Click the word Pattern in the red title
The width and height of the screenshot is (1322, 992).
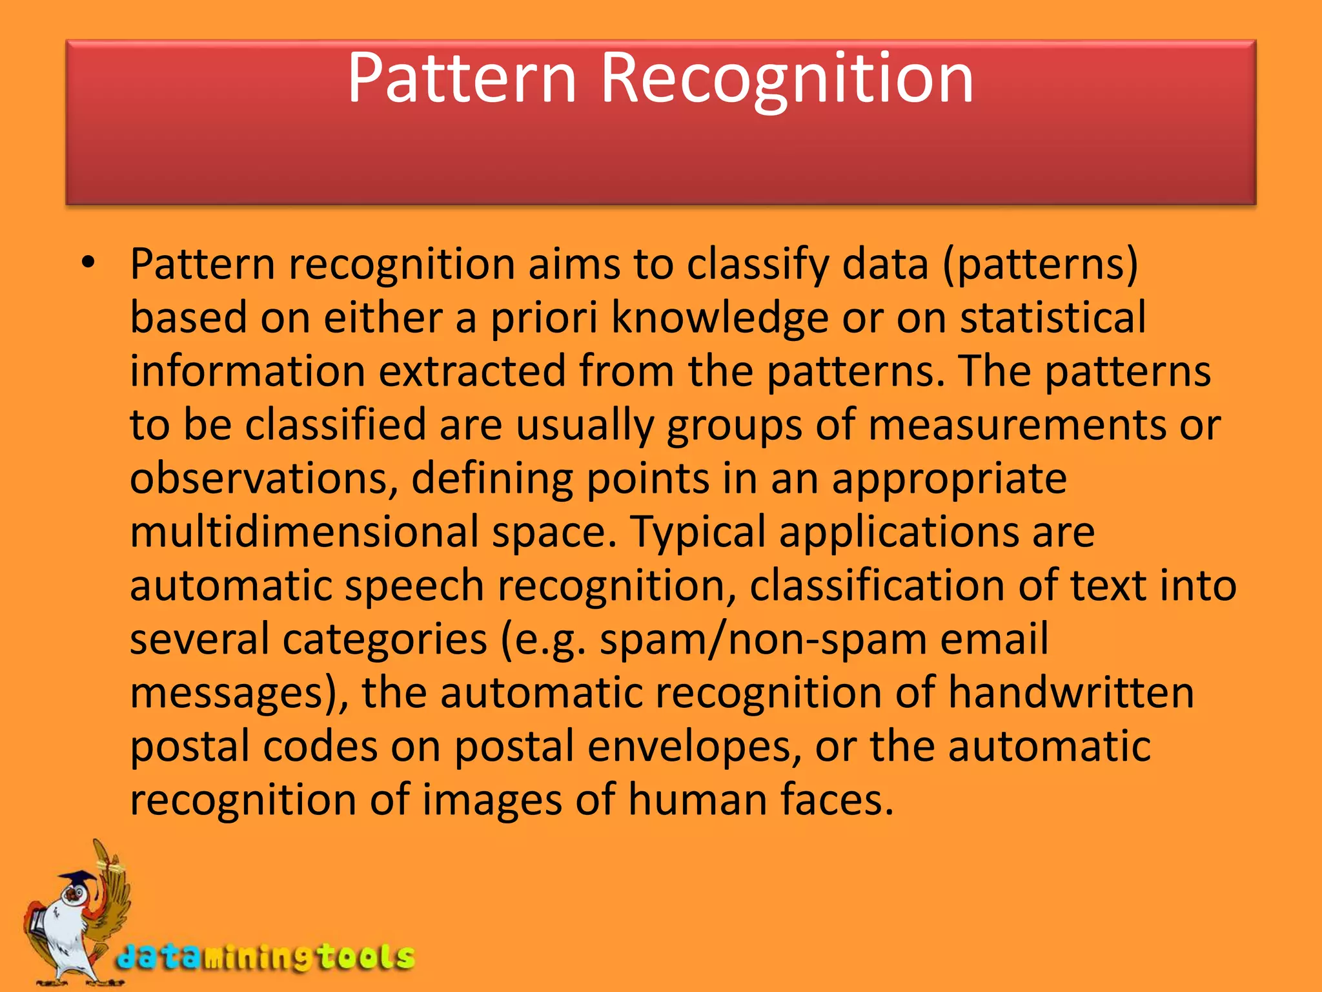point(462,79)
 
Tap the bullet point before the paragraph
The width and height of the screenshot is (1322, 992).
point(88,263)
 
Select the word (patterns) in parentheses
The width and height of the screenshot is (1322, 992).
point(1040,265)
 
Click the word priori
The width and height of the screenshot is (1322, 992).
point(544,318)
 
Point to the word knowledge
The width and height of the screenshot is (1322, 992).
point(720,318)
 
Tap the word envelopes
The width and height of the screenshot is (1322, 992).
point(690,747)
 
